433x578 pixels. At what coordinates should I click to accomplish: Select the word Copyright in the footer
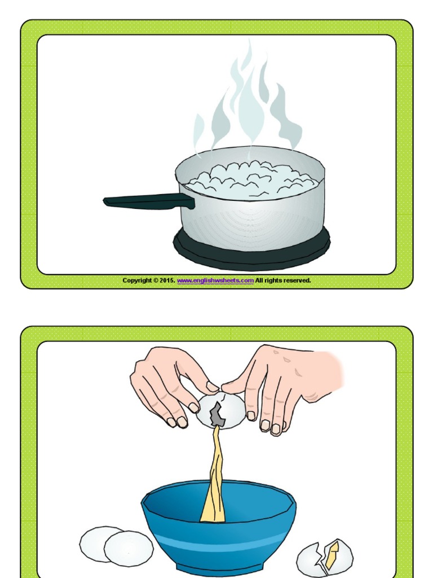coord(137,281)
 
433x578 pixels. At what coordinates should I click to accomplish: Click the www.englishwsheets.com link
coord(215,281)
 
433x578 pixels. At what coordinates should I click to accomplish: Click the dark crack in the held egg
coord(218,415)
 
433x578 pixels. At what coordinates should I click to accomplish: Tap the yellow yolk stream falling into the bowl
coord(215,480)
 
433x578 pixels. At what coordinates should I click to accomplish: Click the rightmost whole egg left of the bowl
coord(129,548)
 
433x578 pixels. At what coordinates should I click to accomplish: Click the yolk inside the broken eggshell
coord(332,553)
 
